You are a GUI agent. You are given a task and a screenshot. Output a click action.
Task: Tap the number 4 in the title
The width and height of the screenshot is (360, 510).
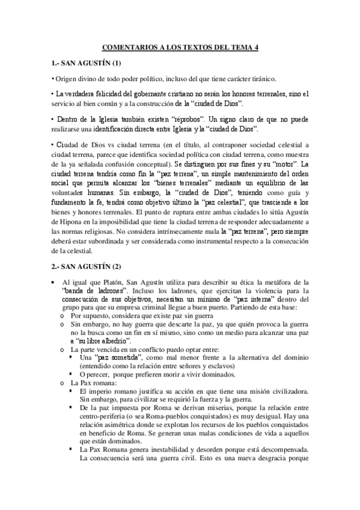coord(258,47)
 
